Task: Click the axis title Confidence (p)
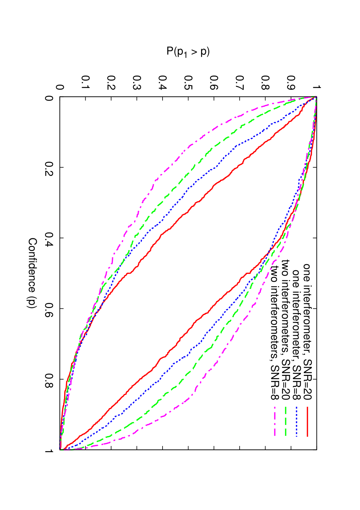point(33,273)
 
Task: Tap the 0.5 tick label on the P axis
point(188,83)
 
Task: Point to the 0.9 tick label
point(291,83)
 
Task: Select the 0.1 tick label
point(85,83)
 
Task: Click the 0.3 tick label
point(137,83)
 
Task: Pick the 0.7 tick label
point(240,83)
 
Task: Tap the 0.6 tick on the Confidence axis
point(49,308)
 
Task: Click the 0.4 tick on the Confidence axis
point(49,238)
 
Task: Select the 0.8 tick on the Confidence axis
point(49,379)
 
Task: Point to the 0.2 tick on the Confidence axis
point(49,167)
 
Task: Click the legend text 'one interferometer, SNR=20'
point(307,332)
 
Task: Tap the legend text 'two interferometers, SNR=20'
point(286,330)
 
